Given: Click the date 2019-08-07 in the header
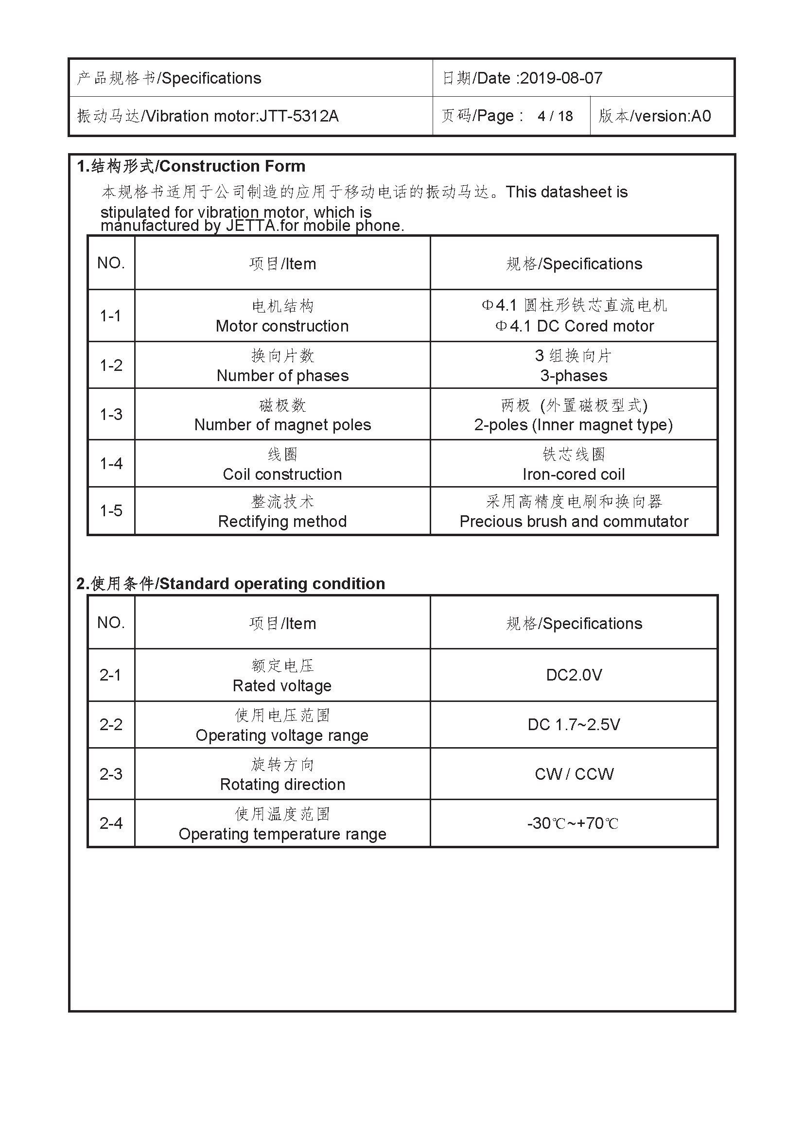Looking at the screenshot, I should tap(561, 78).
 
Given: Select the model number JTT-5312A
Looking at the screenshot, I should tap(299, 116).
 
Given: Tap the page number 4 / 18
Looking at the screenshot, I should tap(555, 116).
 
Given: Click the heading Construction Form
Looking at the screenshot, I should tap(232, 166).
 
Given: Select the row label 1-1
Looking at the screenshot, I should tap(110, 316).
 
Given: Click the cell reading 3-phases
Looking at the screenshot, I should tap(573, 376).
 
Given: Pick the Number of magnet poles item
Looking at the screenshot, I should tap(282, 425).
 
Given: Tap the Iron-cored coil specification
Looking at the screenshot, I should tap(573, 474).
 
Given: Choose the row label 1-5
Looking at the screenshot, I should tap(111, 511).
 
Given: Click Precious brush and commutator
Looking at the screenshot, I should tap(573, 522).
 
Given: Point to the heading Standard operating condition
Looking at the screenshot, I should tap(272, 584).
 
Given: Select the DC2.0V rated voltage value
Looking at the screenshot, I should tap(573, 675).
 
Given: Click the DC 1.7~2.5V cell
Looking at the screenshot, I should tap(573, 725).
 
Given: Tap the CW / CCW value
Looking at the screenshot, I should tap(574, 774).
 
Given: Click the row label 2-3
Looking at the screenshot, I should tap(111, 774).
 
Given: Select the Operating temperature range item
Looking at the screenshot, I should tap(282, 835).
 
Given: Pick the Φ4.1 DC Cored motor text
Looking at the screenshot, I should tap(574, 326).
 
